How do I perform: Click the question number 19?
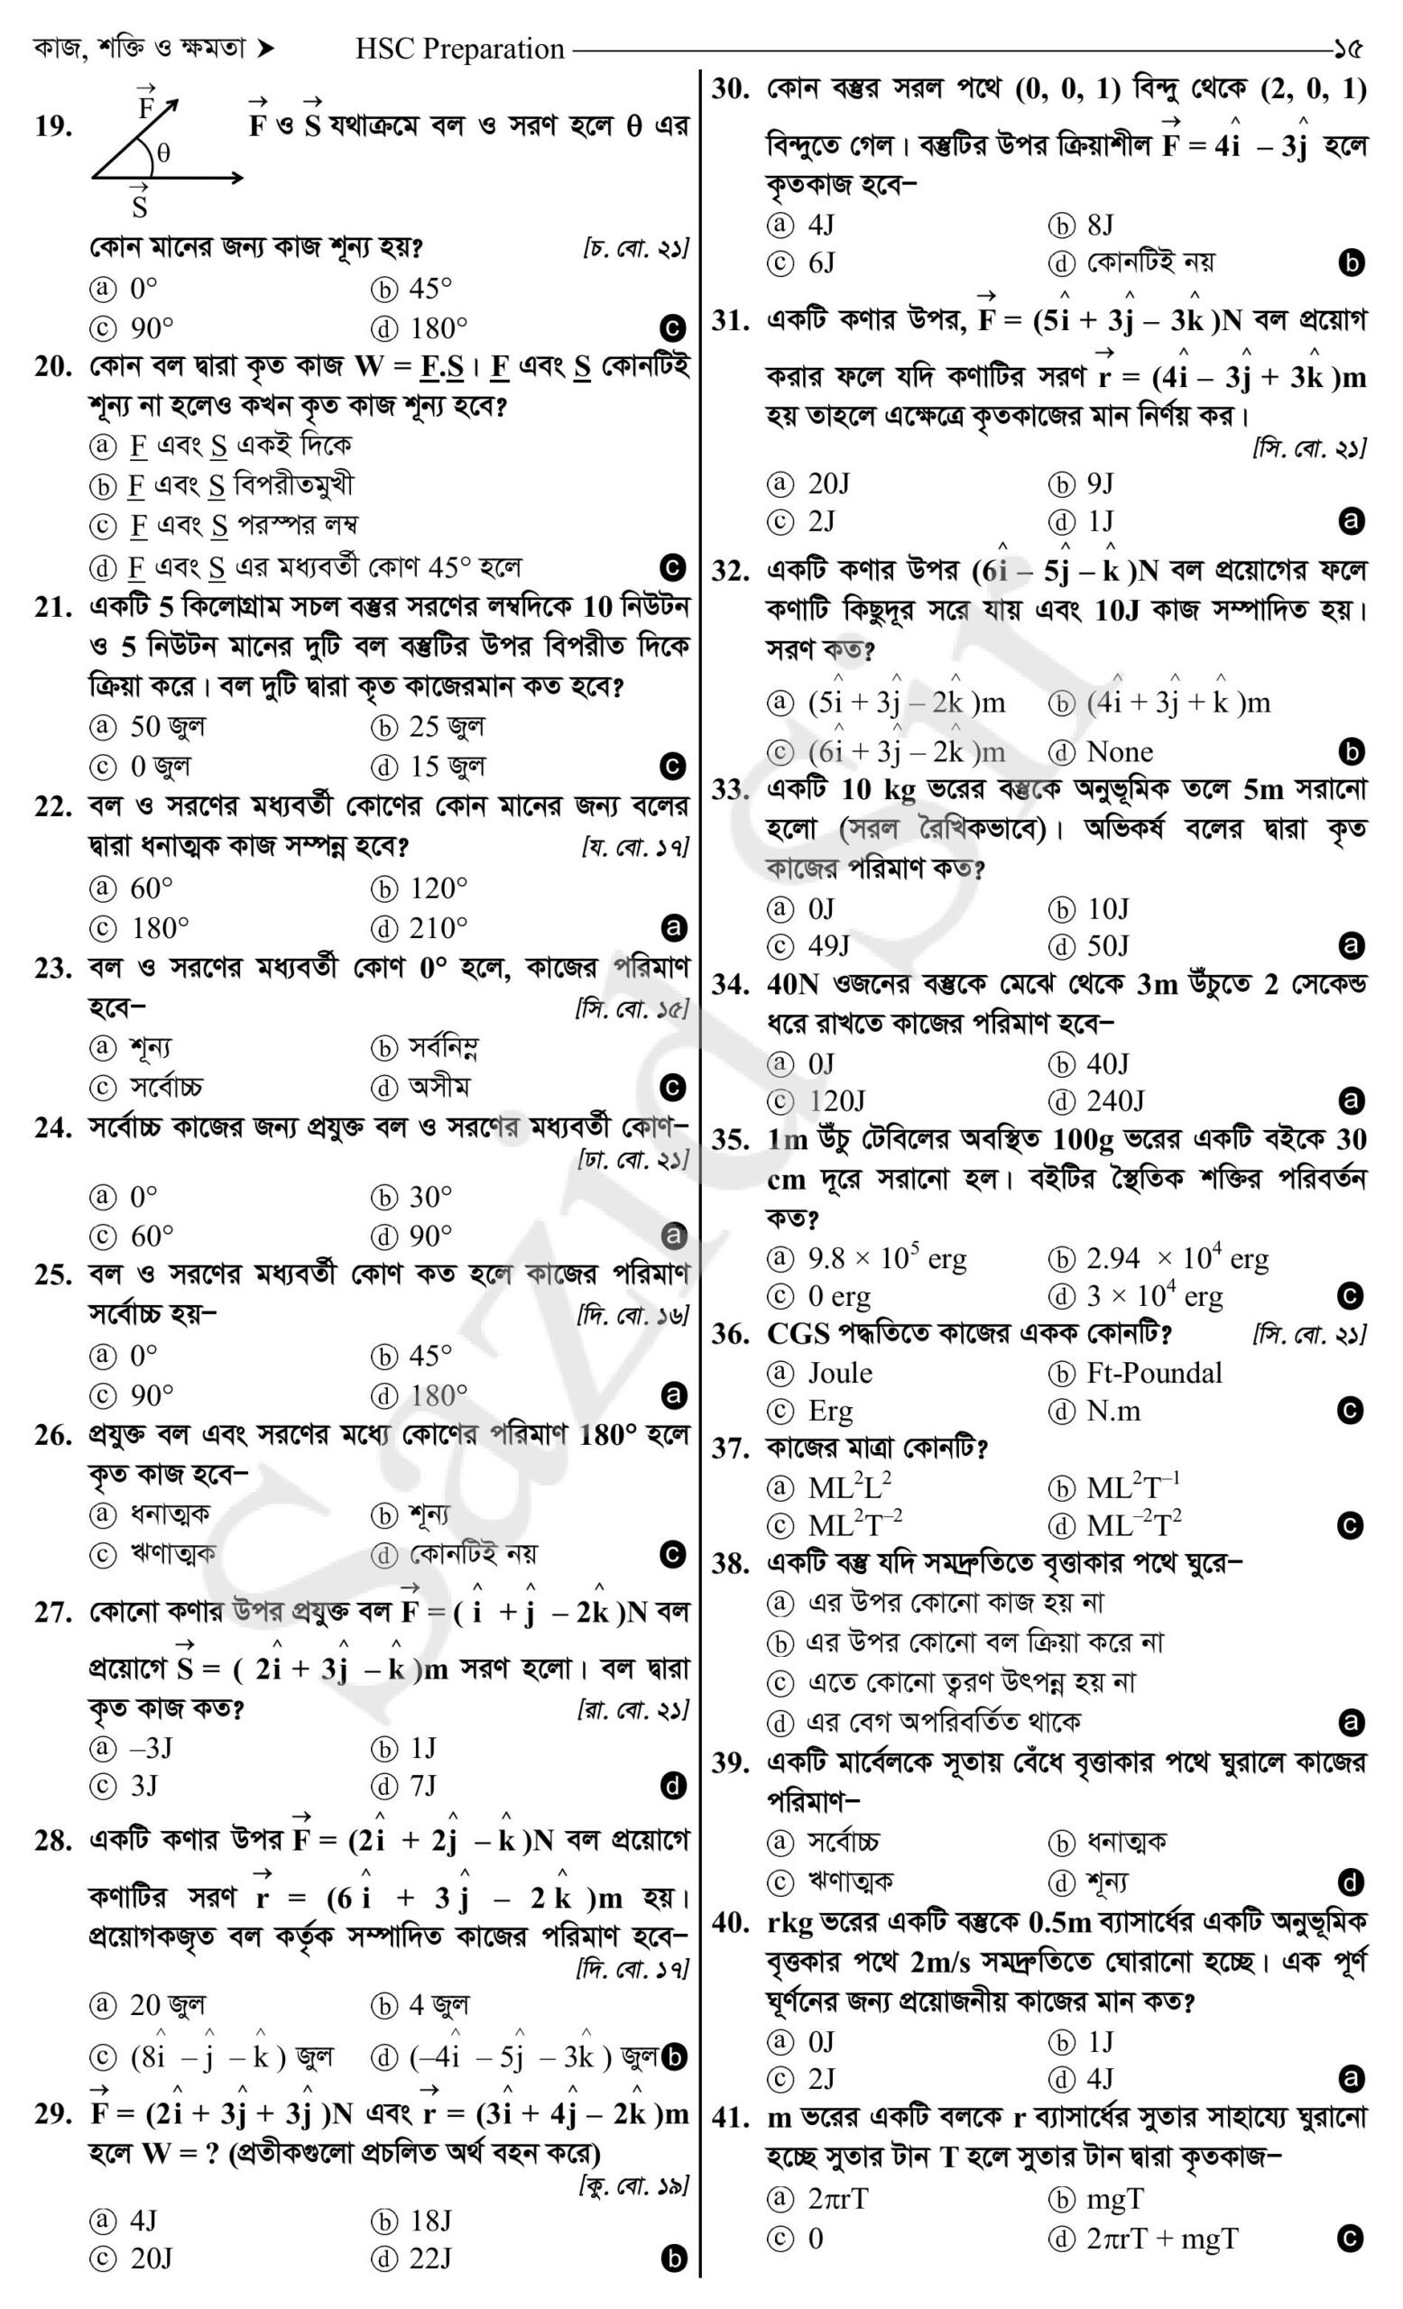53,126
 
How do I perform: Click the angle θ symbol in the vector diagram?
163,154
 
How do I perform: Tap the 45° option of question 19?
429,288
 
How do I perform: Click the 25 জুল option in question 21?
446,726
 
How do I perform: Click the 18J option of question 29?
430,2220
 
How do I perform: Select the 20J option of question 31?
828,483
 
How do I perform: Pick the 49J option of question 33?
828,945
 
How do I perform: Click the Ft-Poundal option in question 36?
1154,1373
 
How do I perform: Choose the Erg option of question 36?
830,1411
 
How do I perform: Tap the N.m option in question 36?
1113,1411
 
